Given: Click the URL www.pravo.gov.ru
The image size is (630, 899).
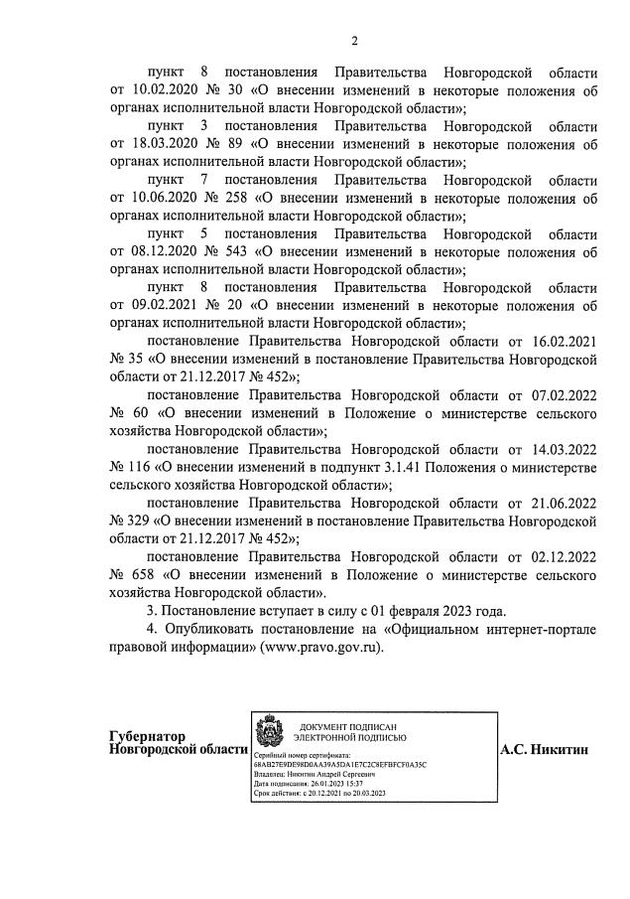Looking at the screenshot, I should (320, 646).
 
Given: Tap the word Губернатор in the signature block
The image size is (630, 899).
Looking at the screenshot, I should (148, 736).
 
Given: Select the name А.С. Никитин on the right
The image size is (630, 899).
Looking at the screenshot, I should (544, 750).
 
